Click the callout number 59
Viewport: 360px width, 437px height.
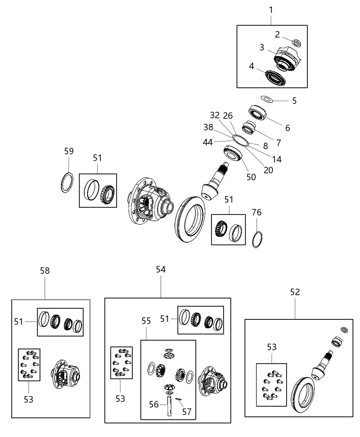[x=69, y=151]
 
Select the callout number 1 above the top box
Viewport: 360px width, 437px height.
[x=271, y=10]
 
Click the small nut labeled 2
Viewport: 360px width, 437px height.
[x=297, y=43]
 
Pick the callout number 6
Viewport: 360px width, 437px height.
[x=287, y=128]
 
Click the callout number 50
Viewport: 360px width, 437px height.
[x=251, y=177]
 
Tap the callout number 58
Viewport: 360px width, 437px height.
[x=45, y=271]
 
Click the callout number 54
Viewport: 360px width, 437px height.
[x=160, y=270]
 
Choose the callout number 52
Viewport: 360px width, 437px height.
[x=295, y=292]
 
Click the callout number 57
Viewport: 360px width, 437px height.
[x=187, y=411]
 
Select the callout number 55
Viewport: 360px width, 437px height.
[x=146, y=321]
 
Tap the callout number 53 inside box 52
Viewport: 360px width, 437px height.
[x=272, y=348]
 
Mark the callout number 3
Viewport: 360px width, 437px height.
[x=262, y=47]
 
